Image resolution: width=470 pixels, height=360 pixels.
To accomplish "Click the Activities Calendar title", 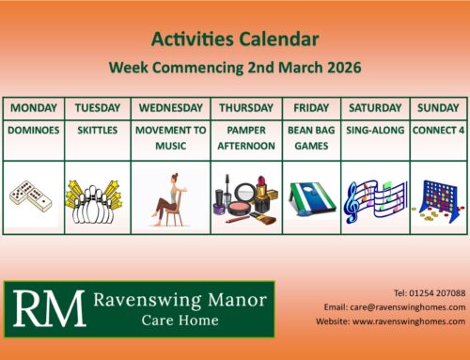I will (x=234, y=39).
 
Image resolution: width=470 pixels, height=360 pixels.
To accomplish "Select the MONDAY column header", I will (x=34, y=107).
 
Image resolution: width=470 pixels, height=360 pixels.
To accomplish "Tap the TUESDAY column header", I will (x=97, y=107).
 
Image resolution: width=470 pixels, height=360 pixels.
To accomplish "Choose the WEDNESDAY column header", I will (x=170, y=107).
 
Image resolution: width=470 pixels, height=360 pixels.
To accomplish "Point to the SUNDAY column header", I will (x=438, y=107).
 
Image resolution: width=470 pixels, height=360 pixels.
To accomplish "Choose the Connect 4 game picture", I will (x=438, y=197).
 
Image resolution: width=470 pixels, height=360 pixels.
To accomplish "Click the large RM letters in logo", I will (x=43, y=308).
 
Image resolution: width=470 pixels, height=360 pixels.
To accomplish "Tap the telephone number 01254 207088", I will (x=428, y=292).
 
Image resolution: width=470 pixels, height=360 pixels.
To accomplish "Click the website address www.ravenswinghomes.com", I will (x=409, y=321).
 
